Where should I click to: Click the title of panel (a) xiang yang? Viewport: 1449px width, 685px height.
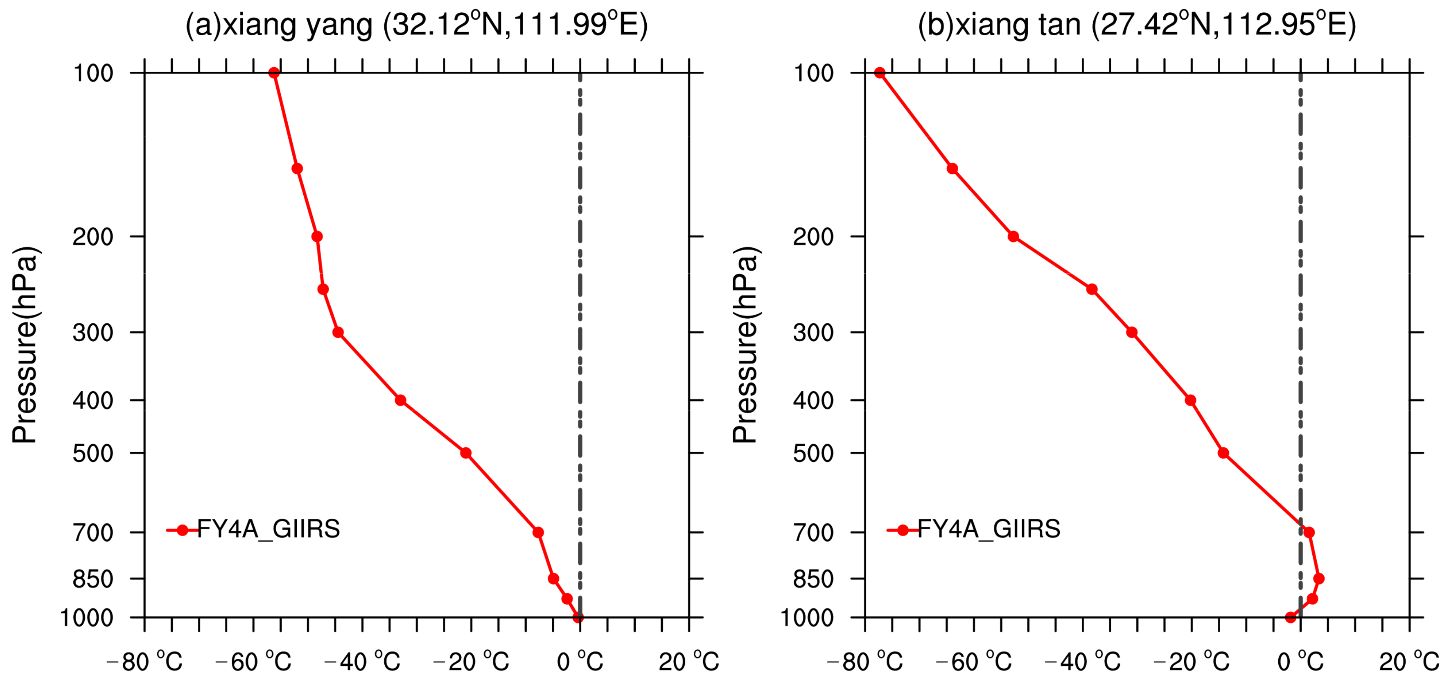(416, 25)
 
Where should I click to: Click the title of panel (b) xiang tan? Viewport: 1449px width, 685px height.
(1136, 25)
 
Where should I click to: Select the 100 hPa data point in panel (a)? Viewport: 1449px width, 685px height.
(274, 73)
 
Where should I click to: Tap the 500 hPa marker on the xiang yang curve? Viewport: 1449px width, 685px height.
(466, 453)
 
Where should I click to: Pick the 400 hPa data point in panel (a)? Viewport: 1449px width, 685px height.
(400, 400)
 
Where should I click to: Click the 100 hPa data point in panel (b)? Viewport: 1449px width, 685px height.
(880, 73)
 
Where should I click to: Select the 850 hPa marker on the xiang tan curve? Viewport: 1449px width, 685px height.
(1318, 578)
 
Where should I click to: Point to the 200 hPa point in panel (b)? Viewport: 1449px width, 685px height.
(1013, 236)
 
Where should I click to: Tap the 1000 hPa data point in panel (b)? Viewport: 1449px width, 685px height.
(1290, 617)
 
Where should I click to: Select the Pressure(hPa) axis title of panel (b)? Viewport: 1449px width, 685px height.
(745, 345)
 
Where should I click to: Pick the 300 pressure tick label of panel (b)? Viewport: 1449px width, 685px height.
(813, 333)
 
